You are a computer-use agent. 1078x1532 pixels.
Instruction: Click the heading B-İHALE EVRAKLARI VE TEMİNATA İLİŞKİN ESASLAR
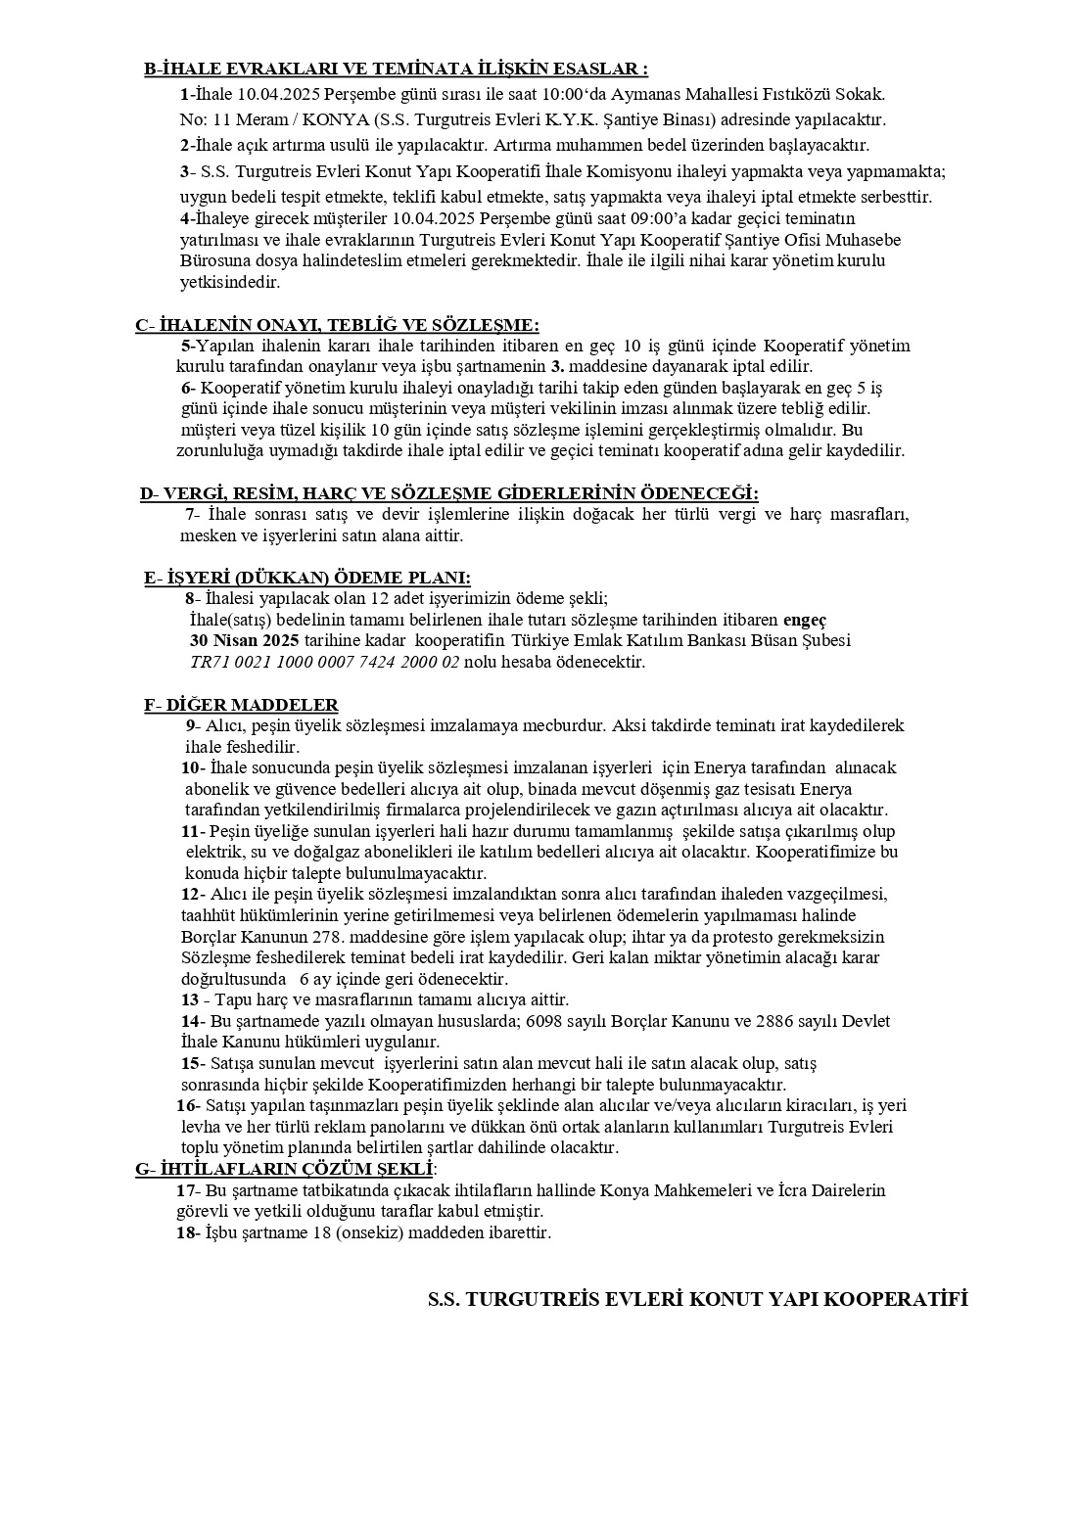point(396,70)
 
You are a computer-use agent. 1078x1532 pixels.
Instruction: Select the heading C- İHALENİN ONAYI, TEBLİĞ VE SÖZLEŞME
point(337,325)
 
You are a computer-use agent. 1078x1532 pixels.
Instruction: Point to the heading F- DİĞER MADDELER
point(241,705)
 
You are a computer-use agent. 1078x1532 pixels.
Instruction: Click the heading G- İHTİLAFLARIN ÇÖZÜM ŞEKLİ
point(285,1169)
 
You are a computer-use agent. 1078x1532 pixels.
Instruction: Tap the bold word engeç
point(805,621)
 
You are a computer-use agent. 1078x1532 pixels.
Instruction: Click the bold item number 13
point(190,1000)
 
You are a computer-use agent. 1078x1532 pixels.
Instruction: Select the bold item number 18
point(185,1233)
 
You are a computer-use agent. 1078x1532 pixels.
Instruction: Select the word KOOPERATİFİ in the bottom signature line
point(897,1300)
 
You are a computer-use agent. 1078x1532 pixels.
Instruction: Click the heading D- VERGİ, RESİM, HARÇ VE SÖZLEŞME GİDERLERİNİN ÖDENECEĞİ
point(449,493)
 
